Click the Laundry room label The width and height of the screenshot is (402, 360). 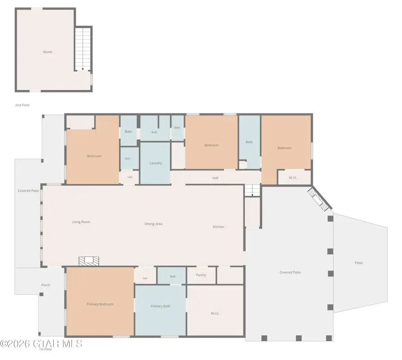point(155,163)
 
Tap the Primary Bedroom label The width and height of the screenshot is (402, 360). point(100,304)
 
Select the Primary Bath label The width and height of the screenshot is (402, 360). point(160,306)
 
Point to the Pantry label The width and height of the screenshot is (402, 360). point(201,275)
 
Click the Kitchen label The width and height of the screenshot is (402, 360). point(218,226)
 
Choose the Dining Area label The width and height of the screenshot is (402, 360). point(153,224)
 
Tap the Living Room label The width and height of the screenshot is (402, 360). point(81,222)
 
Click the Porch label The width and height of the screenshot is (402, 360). point(46,285)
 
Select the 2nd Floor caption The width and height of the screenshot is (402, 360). point(22,105)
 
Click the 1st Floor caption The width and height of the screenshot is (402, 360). point(46,349)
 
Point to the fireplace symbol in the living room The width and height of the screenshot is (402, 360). point(89,261)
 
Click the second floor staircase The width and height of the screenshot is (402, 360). point(83,49)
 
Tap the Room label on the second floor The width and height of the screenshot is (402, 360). point(48,52)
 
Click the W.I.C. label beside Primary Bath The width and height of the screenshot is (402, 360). point(215,314)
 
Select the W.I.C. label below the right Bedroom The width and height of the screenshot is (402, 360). point(293,178)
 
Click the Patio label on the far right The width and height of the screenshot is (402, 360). point(359,263)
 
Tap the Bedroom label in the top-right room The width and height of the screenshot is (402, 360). point(285,148)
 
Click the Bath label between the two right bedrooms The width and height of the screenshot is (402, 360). point(249,142)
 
